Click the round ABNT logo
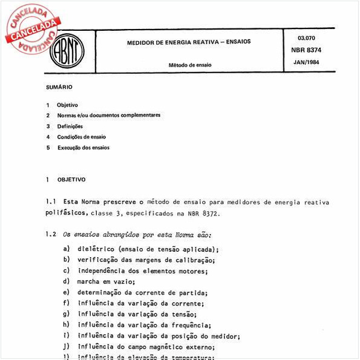pos(67,48)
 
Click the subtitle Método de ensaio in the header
pos(189,65)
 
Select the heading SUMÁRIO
pos(59,87)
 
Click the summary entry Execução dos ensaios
pos(83,148)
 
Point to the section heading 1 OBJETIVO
pos(67,180)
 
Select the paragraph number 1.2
pos(51,234)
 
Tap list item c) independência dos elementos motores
pos(143,270)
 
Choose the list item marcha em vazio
pos(106,281)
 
